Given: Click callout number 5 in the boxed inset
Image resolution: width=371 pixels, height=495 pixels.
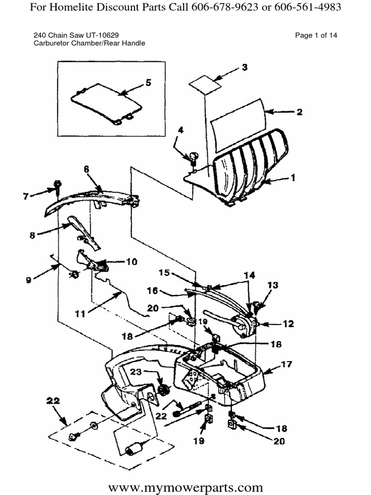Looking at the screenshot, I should pyautogui.click(x=148, y=83).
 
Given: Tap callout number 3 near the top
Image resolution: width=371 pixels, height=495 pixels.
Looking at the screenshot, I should pyautogui.click(x=245, y=68).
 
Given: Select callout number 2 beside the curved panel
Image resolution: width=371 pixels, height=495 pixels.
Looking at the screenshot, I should pyautogui.click(x=300, y=112).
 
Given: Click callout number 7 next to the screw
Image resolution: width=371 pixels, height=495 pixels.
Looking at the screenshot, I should pyautogui.click(x=26, y=196).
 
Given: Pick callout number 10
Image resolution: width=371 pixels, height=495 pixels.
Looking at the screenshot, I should pyautogui.click(x=131, y=262).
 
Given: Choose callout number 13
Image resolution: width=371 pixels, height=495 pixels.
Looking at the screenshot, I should pyautogui.click(x=273, y=286).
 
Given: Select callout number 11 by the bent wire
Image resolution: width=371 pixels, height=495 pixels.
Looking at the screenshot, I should pyautogui.click(x=80, y=314).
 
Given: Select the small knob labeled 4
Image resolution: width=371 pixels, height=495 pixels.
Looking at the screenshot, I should pyautogui.click(x=193, y=157).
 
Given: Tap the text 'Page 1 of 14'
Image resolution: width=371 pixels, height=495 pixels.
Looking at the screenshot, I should pyautogui.click(x=316, y=35).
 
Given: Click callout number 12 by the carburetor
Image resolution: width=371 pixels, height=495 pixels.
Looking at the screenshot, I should pyautogui.click(x=288, y=324).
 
